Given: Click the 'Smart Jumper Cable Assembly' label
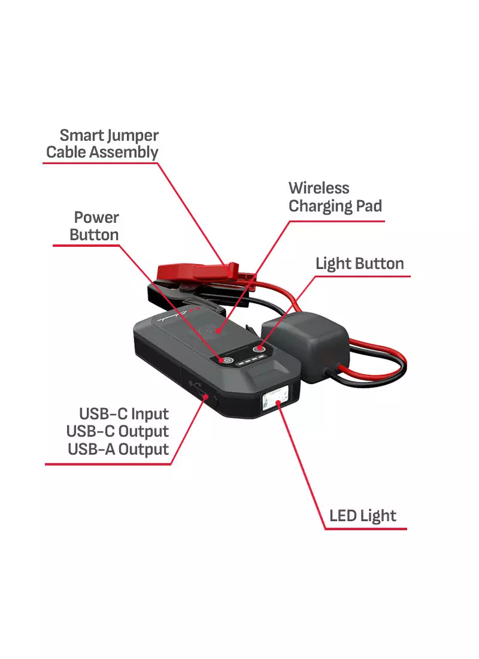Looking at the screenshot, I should pyautogui.click(x=102, y=144).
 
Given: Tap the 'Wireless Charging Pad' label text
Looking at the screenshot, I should pyautogui.click(x=335, y=197).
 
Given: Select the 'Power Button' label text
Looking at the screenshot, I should pyautogui.click(x=95, y=226).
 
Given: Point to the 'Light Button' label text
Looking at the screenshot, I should pyautogui.click(x=359, y=264).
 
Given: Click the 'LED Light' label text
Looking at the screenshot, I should pyautogui.click(x=363, y=516).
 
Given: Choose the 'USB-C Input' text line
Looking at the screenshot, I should pyautogui.click(x=125, y=414).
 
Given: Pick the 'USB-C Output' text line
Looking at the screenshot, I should pyautogui.click(x=118, y=431).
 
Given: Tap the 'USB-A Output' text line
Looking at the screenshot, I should pyautogui.click(x=119, y=449).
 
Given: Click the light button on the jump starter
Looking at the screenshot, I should pyautogui.click(x=259, y=349).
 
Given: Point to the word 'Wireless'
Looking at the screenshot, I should pyautogui.click(x=319, y=188).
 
